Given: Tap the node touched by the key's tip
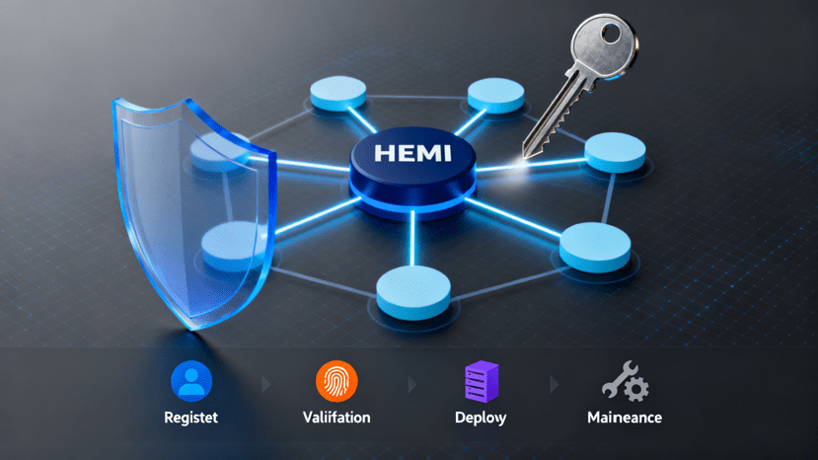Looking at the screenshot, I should [x=614, y=153].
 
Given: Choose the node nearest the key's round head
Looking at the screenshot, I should [x=495, y=95].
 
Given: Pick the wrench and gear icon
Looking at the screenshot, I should [x=624, y=381].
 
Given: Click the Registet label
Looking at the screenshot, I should [x=190, y=418].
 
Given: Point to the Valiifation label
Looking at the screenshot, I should [x=336, y=418].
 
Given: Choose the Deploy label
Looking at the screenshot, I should [x=482, y=418].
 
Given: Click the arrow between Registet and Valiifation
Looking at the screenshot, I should [x=264, y=382].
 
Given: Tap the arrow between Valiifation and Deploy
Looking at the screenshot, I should [x=409, y=382].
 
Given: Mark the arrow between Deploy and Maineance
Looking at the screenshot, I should [x=553, y=382].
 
